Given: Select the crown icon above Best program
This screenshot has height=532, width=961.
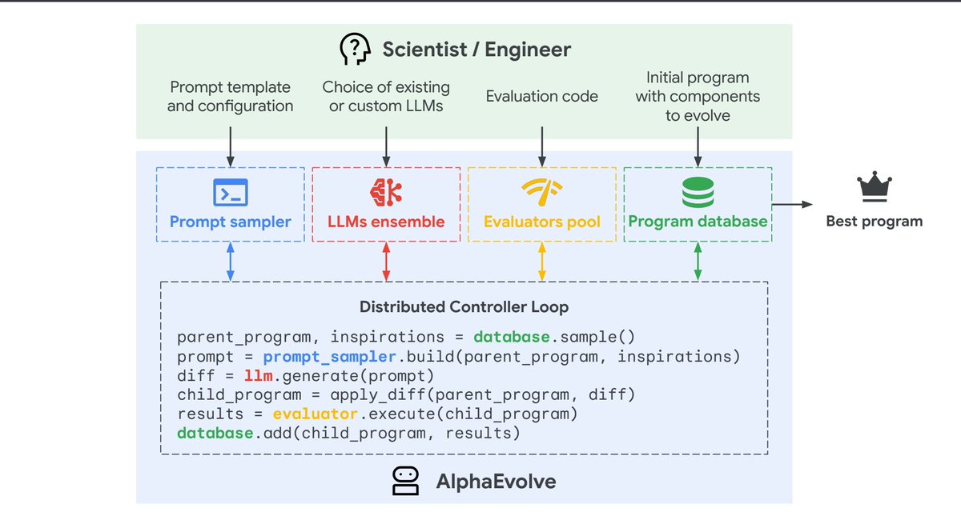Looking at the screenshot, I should point(874,189).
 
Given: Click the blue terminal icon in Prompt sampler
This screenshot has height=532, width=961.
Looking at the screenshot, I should point(231,192).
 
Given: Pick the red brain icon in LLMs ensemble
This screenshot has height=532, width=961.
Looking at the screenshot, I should point(386,192).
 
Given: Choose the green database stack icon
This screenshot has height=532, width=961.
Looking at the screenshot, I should point(698,192).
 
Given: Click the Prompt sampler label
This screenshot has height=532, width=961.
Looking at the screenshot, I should point(231,222).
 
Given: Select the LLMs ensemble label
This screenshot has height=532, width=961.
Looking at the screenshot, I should point(386,222).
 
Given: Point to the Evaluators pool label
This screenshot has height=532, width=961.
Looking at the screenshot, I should point(542,222).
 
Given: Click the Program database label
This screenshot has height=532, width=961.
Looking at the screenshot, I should point(698,222).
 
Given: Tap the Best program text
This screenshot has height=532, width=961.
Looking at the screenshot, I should point(874,222).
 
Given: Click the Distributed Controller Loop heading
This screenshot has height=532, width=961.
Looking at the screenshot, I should point(464,306).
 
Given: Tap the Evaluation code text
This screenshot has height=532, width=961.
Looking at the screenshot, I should point(542,97).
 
